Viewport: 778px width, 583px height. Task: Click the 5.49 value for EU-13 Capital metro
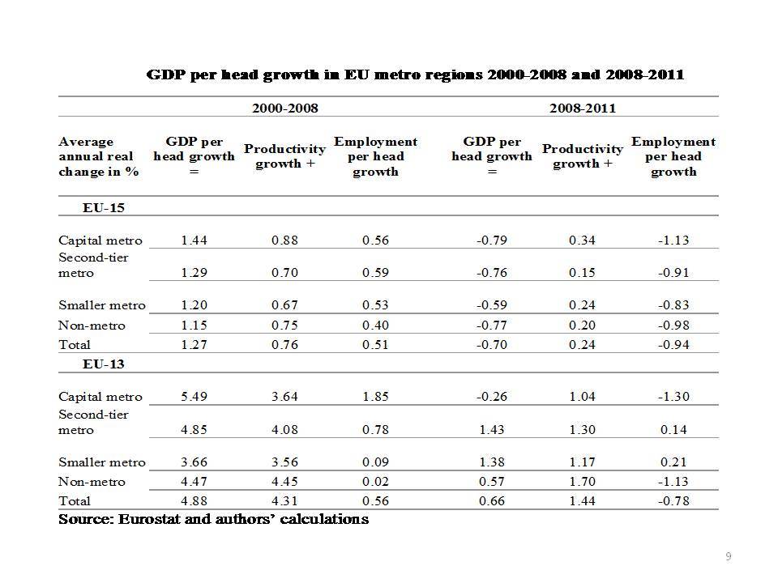click(x=194, y=397)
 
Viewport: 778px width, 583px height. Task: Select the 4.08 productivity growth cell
click(x=284, y=430)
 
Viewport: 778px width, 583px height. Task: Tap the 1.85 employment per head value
click(x=375, y=397)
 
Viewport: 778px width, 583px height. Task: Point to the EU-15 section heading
click(x=103, y=208)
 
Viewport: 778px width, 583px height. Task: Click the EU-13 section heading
click(x=103, y=364)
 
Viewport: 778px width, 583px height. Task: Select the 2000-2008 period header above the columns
click(x=284, y=108)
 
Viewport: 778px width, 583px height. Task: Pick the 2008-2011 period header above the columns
click(x=583, y=108)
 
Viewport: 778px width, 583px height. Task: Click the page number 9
click(x=729, y=556)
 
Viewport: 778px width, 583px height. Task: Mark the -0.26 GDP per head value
click(x=492, y=397)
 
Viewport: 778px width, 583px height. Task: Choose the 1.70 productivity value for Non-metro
click(x=583, y=481)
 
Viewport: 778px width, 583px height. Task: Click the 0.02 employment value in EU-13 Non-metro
click(x=375, y=481)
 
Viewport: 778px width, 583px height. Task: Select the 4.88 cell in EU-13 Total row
click(x=194, y=500)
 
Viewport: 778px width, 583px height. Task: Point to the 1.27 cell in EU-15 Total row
click(x=194, y=345)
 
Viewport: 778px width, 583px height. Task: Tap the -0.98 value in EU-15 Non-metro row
click(x=673, y=326)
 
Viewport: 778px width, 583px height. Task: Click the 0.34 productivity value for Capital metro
click(x=583, y=240)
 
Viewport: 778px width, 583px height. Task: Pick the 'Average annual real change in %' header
click(x=98, y=156)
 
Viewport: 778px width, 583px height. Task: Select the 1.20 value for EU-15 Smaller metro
click(x=194, y=305)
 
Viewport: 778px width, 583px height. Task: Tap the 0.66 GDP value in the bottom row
click(x=492, y=500)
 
